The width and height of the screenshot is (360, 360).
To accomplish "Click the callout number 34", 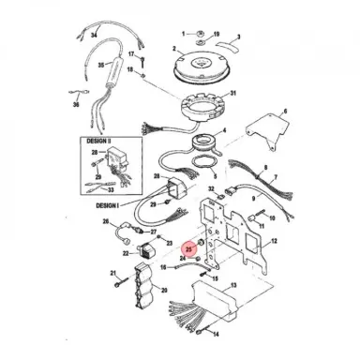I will tap(95, 34).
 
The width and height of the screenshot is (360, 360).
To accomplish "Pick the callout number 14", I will tap(216, 334).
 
